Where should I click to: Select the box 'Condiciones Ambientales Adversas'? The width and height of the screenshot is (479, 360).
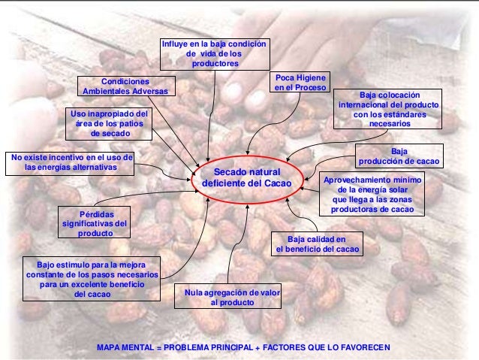[125, 86]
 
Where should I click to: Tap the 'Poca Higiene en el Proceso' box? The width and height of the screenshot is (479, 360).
[300, 83]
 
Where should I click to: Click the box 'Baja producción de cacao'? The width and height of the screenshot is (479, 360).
[399, 156]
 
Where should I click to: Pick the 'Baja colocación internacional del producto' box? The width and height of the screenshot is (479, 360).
[390, 109]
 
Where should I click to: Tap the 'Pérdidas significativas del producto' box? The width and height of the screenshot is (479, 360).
[95, 222]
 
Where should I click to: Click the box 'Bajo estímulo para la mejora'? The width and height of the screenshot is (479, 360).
[92, 279]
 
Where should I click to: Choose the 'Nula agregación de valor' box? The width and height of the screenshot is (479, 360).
[227, 297]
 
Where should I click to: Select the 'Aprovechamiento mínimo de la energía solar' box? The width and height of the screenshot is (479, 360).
[372, 195]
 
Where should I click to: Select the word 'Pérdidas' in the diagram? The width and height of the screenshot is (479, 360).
[95, 213]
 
